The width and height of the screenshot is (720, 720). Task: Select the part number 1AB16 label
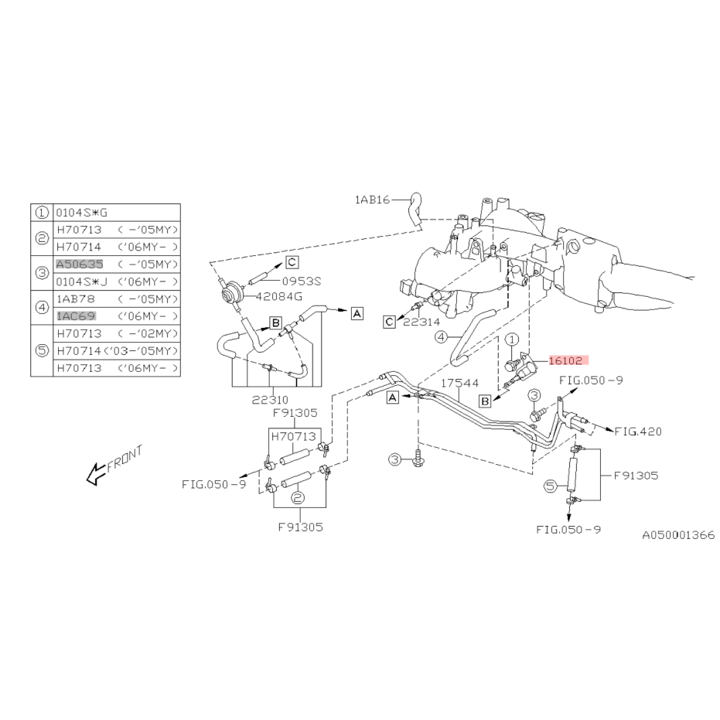372,200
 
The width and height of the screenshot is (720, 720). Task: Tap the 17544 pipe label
459,383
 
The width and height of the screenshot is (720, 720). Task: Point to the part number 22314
421,322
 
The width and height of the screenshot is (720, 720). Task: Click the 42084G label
279,297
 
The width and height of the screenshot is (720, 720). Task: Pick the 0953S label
302,281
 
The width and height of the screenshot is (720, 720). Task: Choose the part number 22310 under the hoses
270,400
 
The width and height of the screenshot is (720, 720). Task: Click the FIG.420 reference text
638,432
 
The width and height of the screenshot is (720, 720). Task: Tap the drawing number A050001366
678,535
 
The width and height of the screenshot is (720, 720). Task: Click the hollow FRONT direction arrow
96,474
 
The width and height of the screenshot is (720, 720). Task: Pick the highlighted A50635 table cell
80,264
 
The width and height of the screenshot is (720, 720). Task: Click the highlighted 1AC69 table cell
77,316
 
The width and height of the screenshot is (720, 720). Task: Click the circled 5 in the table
42,351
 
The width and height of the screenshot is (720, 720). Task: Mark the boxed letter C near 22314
390,322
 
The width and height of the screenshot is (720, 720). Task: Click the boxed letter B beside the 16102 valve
485,401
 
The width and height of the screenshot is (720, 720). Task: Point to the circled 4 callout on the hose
441,337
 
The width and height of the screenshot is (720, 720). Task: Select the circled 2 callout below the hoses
298,498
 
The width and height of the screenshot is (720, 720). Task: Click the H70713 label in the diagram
293,436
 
